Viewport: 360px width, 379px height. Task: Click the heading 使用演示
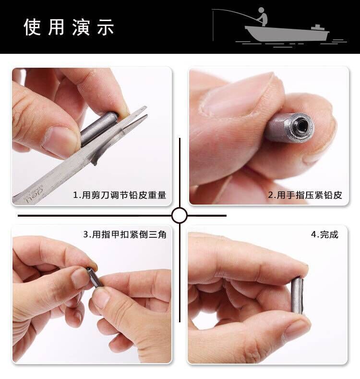tap(69, 27)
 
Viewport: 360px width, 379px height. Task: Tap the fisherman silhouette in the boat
tap(262, 17)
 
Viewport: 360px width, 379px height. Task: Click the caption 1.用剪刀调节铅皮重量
tap(120, 195)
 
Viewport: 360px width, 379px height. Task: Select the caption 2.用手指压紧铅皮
tap(305, 195)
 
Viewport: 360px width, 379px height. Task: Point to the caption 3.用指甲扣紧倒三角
tap(125, 234)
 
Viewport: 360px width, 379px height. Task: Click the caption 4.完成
tap(324, 234)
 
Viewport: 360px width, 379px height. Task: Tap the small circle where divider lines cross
tap(180, 215)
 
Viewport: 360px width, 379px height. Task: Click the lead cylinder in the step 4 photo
tap(297, 295)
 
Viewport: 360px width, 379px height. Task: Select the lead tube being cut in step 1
tap(98, 129)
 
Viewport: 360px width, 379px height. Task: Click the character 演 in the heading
tap(81, 27)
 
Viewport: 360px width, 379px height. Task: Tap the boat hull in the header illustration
tap(286, 34)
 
